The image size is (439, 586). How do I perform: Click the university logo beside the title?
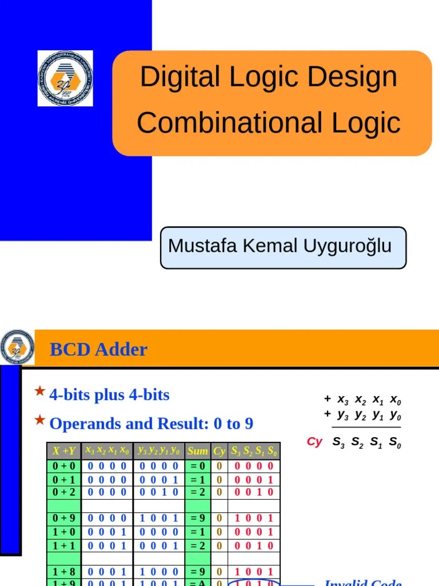pos(65,78)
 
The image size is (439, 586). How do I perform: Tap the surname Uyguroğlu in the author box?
pos(350,246)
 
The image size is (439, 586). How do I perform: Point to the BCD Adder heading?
pos(98,349)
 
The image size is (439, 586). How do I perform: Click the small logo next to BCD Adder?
pos(17,347)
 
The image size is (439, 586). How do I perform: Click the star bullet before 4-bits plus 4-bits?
pos(39,391)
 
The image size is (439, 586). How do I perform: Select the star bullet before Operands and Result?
pos(39,421)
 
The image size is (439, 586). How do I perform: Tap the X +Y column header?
pos(63,451)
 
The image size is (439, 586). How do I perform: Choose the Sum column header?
pos(198,451)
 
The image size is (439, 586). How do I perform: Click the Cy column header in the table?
pos(219,451)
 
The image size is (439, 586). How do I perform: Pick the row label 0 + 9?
pos(63,518)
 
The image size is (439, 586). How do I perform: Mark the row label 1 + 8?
pos(63,571)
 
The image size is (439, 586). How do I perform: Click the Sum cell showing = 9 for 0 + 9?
pos(198,518)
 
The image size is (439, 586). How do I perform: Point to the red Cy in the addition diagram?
pos(314,442)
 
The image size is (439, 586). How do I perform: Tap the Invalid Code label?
pos(362,582)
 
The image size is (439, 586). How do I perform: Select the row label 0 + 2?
pos(63,492)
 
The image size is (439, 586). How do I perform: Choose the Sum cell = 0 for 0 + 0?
pos(198,466)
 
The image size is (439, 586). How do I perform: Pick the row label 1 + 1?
pos(63,545)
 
